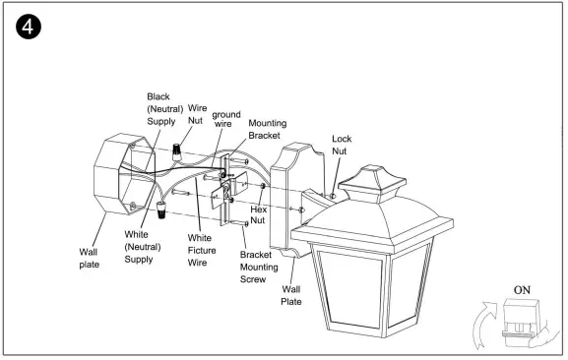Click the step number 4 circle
(27, 27)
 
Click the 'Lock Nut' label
(342, 146)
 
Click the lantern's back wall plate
(296, 197)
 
